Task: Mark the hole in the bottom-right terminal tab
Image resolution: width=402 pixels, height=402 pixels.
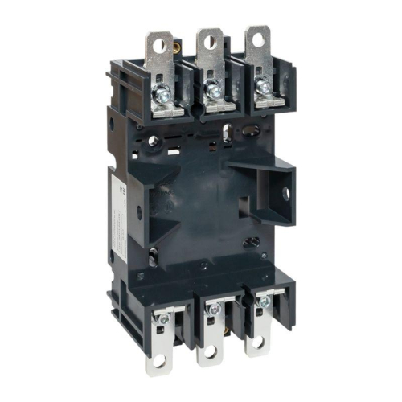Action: coord(258,343)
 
